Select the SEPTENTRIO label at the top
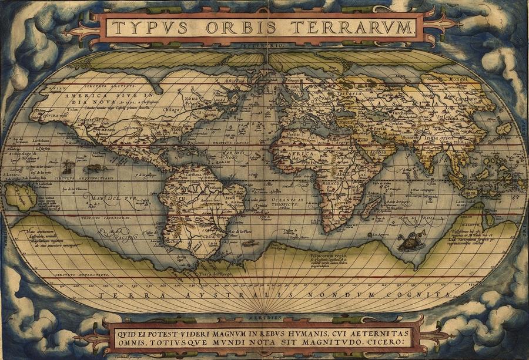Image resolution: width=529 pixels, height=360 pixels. pyautogui.click(x=262, y=45)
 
